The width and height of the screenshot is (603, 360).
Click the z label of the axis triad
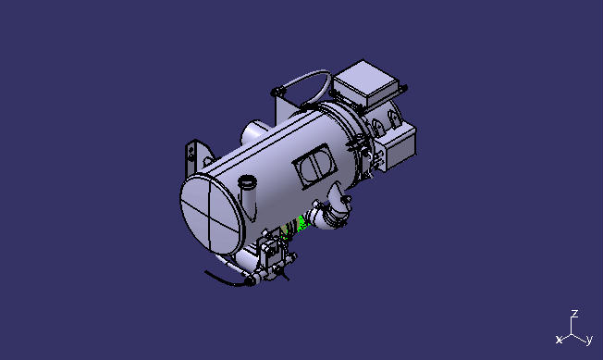[x=574, y=314]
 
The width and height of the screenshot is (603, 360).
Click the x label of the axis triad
[x=559, y=340]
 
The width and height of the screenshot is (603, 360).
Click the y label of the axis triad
[x=589, y=340]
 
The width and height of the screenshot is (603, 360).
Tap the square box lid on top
[x=366, y=83]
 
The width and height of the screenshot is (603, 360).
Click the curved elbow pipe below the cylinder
[x=330, y=217]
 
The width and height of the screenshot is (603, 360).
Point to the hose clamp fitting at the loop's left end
[x=277, y=92]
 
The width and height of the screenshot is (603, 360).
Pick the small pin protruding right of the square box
[x=404, y=88]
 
